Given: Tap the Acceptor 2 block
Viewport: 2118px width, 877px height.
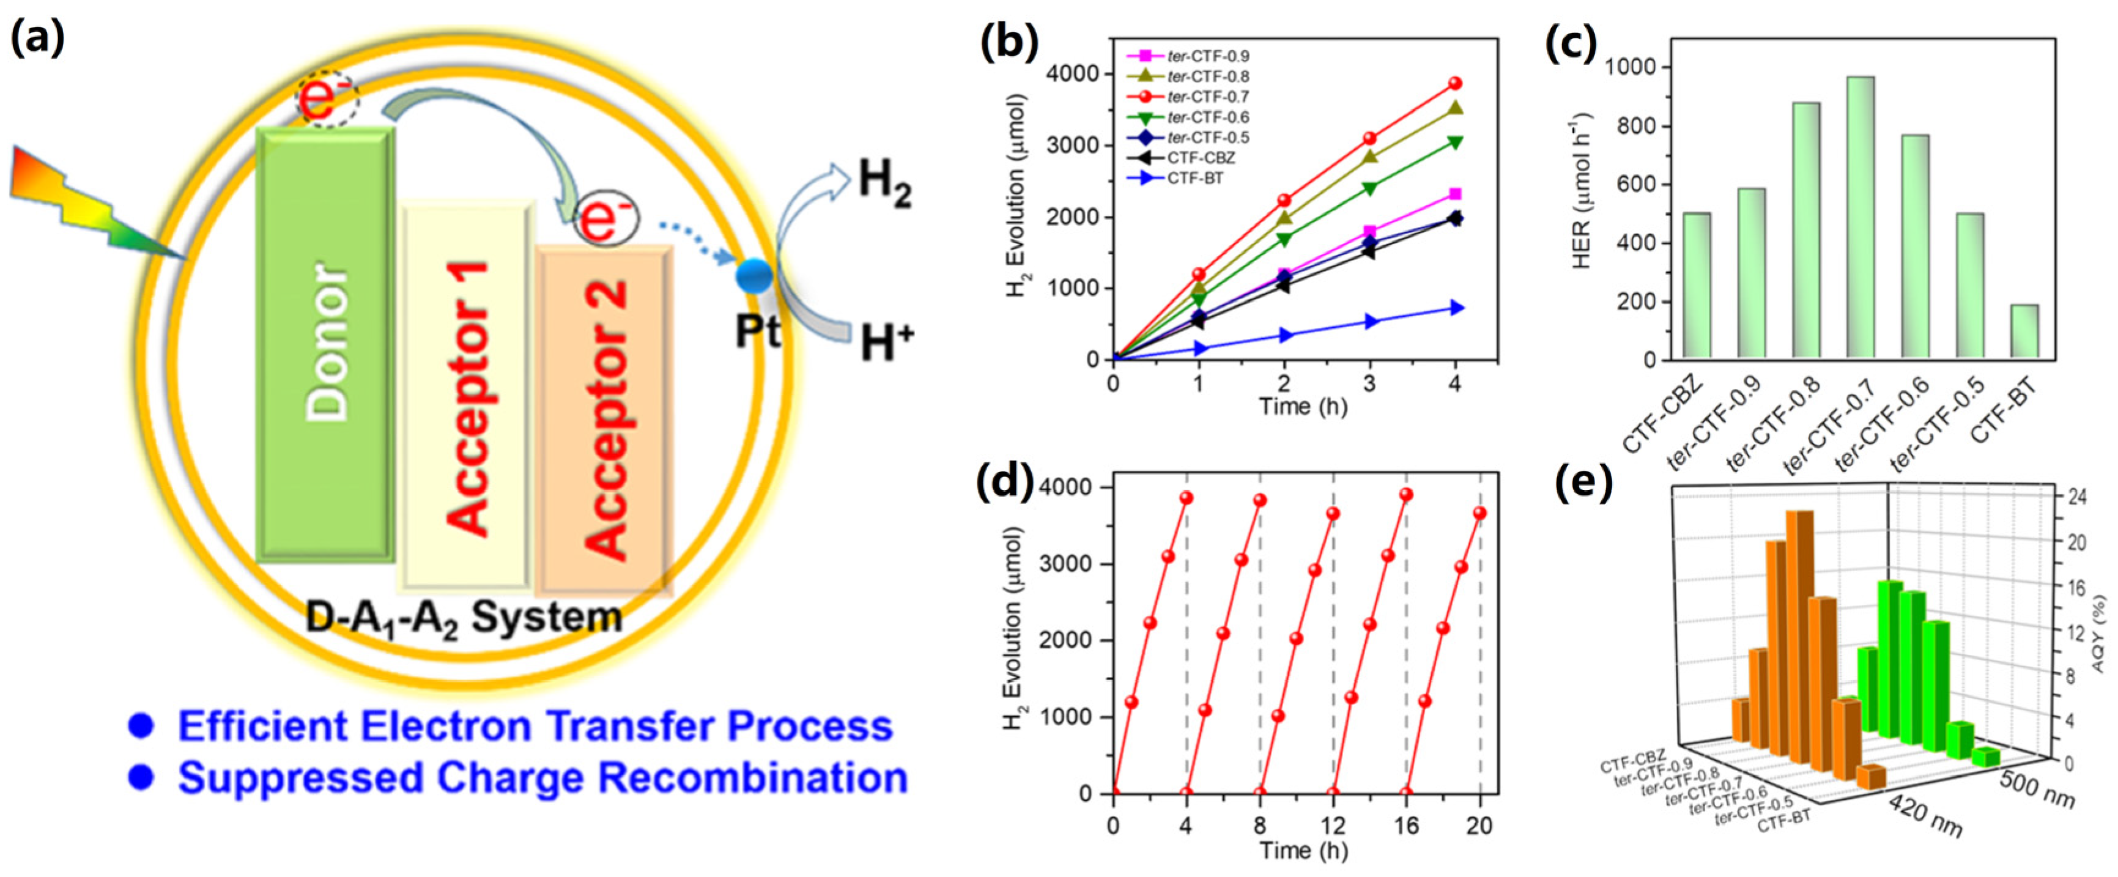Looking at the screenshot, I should (604, 419).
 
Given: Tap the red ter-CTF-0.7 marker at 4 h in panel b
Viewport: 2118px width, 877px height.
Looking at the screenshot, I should (1454, 83).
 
